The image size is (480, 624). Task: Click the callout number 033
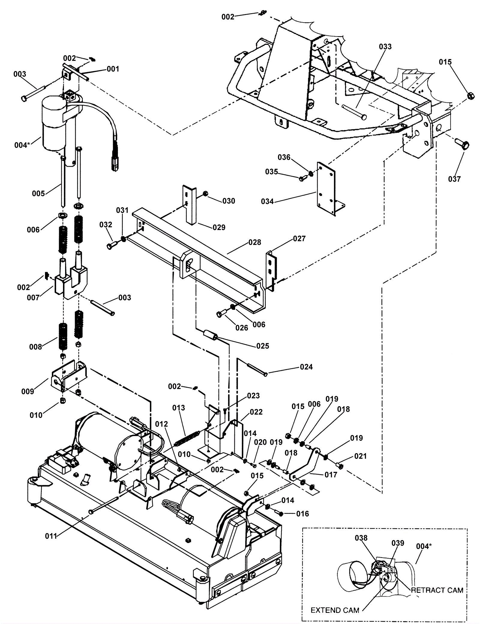(x=385, y=47)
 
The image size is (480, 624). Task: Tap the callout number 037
(x=454, y=179)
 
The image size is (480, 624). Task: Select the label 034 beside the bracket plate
(x=267, y=201)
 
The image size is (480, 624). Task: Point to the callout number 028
(x=255, y=242)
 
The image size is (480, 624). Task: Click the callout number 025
(x=262, y=346)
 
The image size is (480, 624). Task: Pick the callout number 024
(x=306, y=367)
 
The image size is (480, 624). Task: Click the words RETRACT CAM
(x=437, y=590)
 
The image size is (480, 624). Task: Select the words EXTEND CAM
(x=335, y=610)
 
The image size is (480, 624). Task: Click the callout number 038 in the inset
(x=361, y=538)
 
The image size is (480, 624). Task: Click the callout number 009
(x=28, y=391)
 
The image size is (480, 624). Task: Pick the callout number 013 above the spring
(x=178, y=408)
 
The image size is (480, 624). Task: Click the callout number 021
(x=360, y=456)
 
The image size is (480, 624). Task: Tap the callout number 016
(x=302, y=514)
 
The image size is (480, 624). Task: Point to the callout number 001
(x=113, y=69)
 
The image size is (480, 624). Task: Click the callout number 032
(x=106, y=225)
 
